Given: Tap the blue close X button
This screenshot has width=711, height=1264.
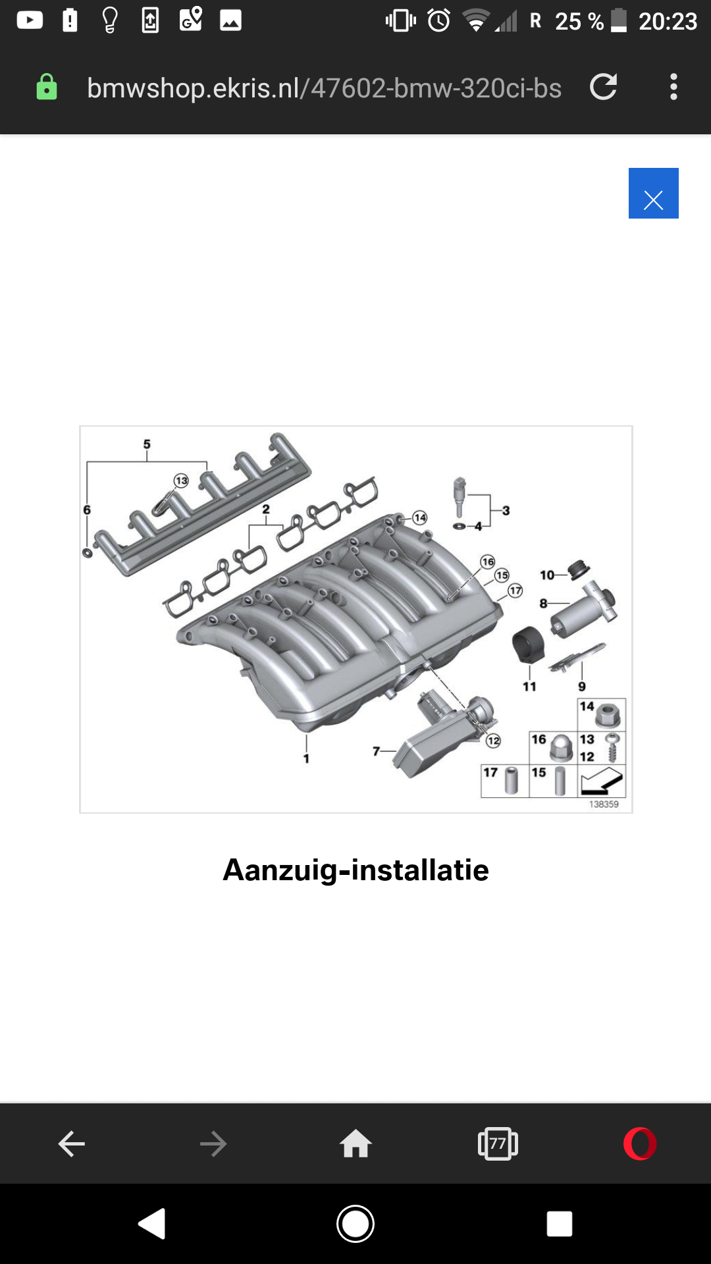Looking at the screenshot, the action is pos(653,193).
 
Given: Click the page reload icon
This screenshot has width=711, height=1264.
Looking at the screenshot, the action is pos(603,87).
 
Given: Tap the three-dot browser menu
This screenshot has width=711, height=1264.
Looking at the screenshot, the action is pos(673,87).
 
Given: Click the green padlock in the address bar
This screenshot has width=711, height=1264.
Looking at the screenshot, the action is pos(46,87).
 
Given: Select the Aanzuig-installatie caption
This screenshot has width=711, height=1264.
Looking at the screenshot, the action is pos(355,870).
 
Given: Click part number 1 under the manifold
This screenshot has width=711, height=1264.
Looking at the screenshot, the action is pos(306,758).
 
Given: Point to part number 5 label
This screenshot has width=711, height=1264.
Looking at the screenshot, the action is pos(147,444).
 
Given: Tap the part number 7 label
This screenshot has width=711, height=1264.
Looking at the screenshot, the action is pos(377,750).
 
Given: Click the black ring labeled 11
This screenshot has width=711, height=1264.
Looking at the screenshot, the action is pos(529,645).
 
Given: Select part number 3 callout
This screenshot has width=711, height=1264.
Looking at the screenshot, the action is pos(506,510).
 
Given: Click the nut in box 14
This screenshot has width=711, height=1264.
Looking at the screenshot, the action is pos(608,715).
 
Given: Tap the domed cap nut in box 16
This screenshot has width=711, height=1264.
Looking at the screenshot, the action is pos(560,748).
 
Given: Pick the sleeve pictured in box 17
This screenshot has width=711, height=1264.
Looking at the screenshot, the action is pos(512,781).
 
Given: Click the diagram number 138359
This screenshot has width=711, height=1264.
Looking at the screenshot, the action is pos(604,804).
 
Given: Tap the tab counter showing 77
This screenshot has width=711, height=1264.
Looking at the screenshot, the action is pos(498,1144).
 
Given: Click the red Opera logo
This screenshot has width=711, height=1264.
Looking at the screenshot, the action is pos(640,1144).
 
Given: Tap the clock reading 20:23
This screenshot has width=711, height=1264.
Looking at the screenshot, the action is pos(668,22).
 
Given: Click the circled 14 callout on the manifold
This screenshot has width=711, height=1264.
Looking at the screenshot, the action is pos(420,517).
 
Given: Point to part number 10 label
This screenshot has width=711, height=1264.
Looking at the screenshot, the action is pos(547,575).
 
